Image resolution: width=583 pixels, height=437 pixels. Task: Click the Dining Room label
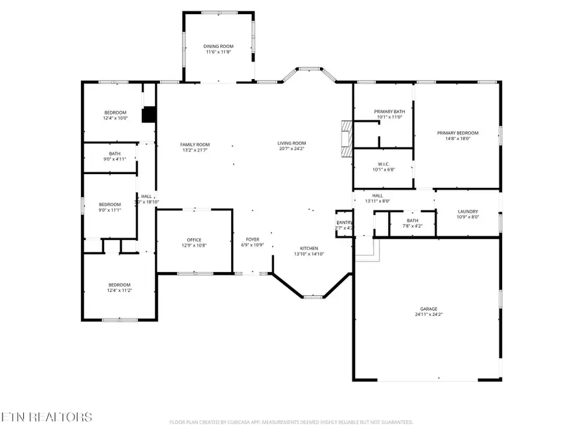[x=218, y=47]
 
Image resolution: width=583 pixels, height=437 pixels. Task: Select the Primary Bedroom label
[x=457, y=133]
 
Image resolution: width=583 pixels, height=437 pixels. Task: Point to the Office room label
[x=194, y=240]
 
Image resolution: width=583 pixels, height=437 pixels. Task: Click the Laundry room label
[x=468, y=212]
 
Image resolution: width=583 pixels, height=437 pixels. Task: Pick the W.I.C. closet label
[x=383, y=165]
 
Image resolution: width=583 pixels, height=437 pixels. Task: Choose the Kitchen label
[x=308, y=249]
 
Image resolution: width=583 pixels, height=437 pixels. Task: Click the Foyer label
[x=253, y=240]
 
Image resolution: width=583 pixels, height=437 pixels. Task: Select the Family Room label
[x=195, y=144]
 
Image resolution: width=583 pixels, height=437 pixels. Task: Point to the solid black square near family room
[x=150, y=114]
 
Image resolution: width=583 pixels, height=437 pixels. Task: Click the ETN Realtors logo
[x=47, y=417]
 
